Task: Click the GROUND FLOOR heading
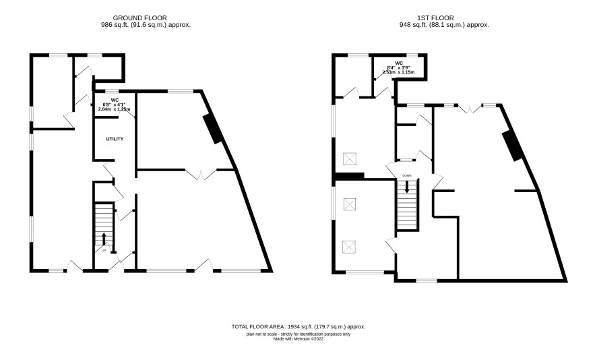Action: (x=139, y=18)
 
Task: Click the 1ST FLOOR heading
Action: (x=435, y=18)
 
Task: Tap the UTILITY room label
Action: (x=115, y=139)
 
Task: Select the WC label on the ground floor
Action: (x=115, y=100)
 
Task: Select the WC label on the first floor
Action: (x=399, y=63)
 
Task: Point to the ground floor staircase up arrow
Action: (x=104, y=239)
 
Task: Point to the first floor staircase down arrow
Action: (x=407, y=186)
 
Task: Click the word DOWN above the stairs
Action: (x=406, y=175)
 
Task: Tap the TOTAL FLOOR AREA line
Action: (x=298, y=326)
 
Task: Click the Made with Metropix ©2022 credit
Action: (x=298, y=338)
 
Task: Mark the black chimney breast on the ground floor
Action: (x=213, y=129)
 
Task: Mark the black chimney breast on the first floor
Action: (x=513, y=146)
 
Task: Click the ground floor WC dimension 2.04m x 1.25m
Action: (x=115, y=109)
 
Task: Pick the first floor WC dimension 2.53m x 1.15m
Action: (x=399, y=72)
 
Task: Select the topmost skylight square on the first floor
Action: (x=350, y=159)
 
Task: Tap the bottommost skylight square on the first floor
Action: (x=350, y=247)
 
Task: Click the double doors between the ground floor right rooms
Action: (x=201, y=175)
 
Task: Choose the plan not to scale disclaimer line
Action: (x=298, y=334)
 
